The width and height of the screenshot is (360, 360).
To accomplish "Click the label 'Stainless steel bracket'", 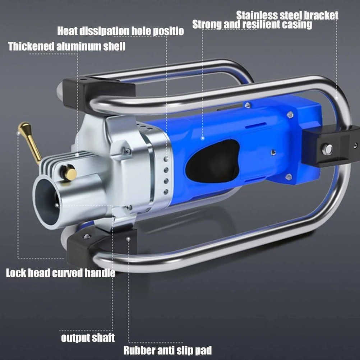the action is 287,15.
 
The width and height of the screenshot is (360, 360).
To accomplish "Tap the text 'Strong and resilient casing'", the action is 252,24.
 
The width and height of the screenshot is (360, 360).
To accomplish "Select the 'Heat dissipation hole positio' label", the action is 120,31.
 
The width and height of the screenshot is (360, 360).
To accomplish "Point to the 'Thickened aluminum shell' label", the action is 67,46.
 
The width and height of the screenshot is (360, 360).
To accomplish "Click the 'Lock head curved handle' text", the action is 61,273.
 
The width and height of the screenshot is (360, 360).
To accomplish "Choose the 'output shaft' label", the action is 88,338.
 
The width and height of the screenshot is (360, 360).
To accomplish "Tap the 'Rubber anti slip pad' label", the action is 167,350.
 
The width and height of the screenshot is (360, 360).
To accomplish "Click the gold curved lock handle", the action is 29,142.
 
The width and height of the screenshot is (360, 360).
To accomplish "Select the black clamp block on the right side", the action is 331,146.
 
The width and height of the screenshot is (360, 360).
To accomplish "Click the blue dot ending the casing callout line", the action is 203,138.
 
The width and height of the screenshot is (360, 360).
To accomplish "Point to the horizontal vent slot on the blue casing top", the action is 256,125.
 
